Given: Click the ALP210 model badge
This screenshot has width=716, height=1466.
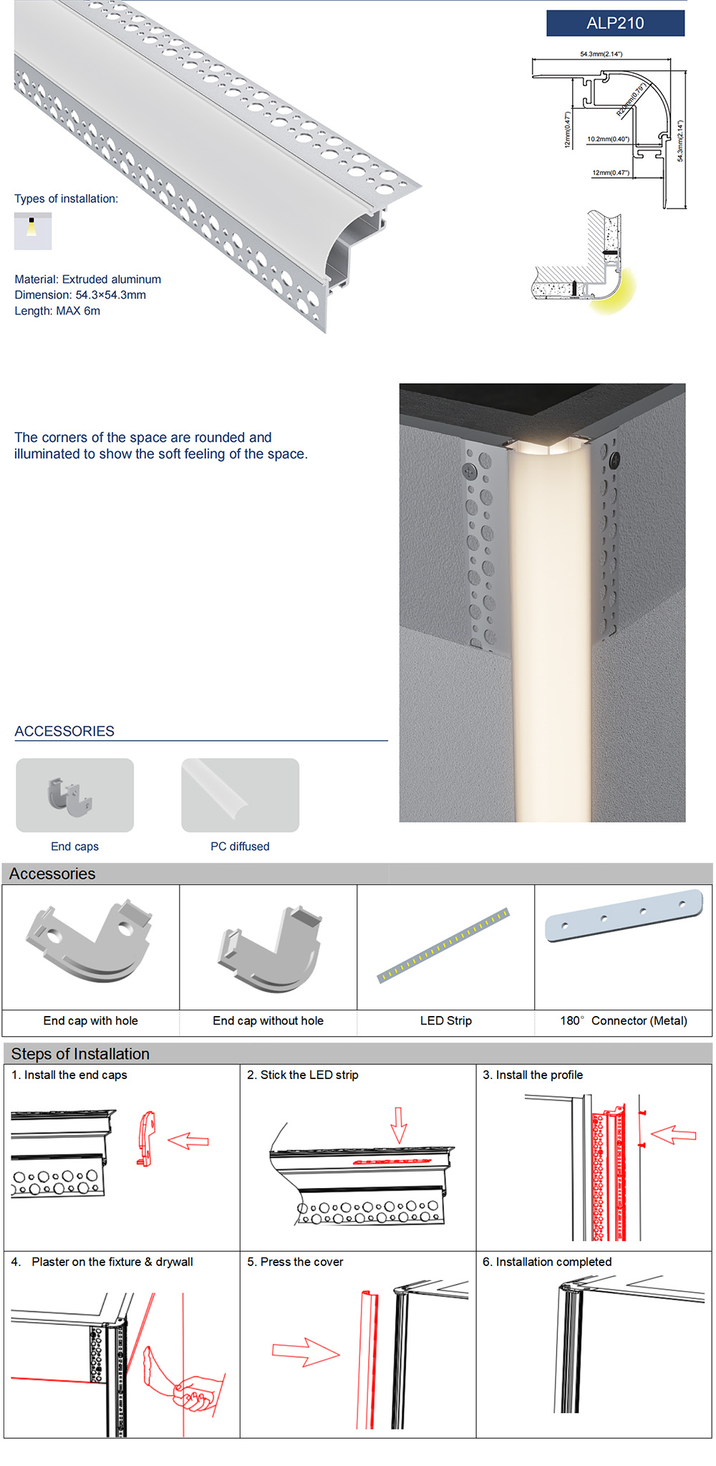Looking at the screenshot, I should pyautogui.click(x=615, y=23).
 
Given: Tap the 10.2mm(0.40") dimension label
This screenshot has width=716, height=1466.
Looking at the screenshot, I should pyautogui.click(x=608, y=139).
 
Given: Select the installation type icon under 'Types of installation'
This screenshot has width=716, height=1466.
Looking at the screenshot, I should pyautogui.click(x=33, y=231).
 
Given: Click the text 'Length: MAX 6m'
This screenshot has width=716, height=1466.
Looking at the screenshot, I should pyautogui.click(x=57, y=311).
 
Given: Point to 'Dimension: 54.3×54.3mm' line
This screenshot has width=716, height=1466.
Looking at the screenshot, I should pyautogui.click(x=80, y=294).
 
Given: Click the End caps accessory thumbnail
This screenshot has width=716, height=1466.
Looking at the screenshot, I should pyautogui.click(x=74, y=795).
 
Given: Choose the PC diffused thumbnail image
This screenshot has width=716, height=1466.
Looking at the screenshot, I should pyautogui.click(x=240, y=795).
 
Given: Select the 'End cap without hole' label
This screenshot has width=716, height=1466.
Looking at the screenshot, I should pyautogui.click(x=268, y=1020).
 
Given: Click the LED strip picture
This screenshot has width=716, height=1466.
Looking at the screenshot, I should pyautogui.click(x=444, y=946).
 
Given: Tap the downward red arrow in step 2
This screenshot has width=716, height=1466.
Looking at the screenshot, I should pyautogui.click(x=399, y=1125).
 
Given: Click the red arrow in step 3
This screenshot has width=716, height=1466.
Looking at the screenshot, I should pyautogui.click(x=674, y=1134).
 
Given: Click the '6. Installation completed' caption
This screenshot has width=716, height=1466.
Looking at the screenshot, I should pyautogui.click(x=547, y=1262).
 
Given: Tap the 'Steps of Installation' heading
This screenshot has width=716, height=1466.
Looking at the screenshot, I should pyautogui.click(x=80, y=1054).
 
